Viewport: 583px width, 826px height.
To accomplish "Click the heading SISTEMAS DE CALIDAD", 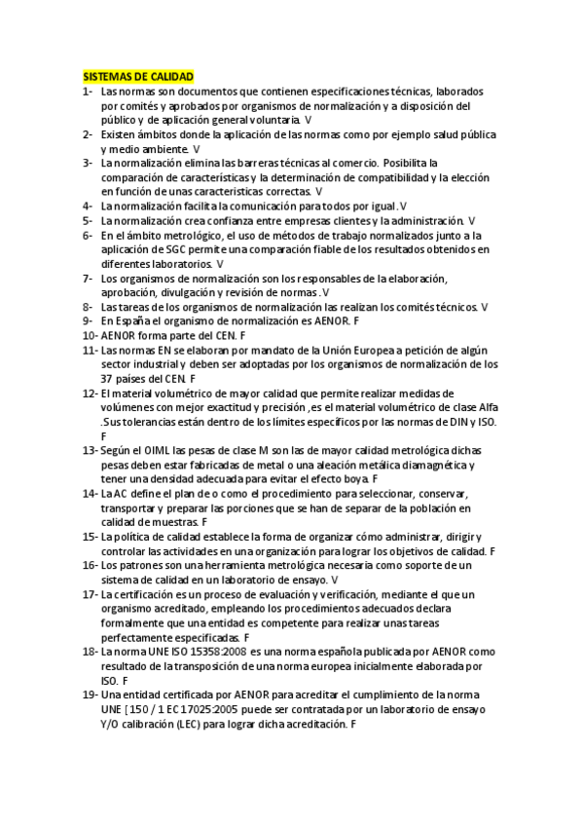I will (138, 76).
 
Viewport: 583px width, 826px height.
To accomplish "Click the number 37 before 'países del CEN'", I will (108, 378).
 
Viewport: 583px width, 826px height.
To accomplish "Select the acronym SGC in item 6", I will (183, 249).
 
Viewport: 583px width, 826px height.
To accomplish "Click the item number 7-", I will (89, 278).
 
